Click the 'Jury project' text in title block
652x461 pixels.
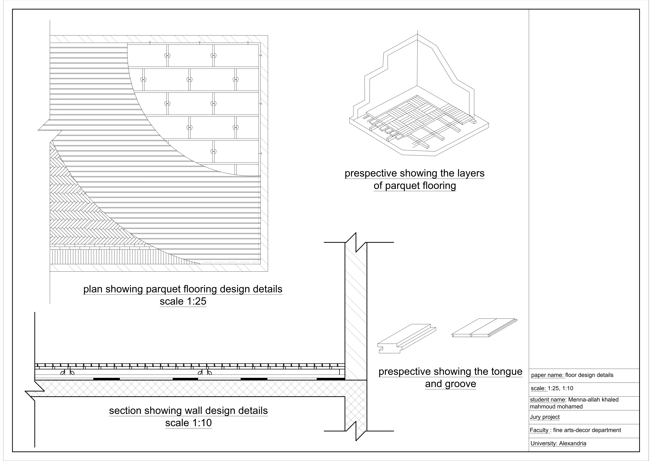[544, 417]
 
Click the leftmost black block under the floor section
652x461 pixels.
[107, 379]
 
